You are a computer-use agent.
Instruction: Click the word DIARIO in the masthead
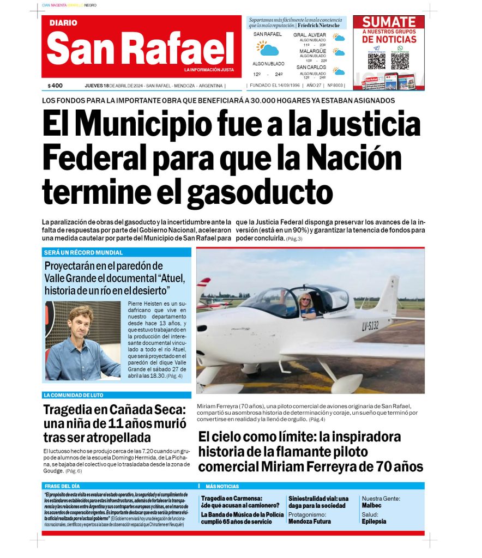coord(63,23)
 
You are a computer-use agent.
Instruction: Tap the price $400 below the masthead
coord(55,86)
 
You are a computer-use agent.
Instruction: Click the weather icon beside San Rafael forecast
coord(267,48)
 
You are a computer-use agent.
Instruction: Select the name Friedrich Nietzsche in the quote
coord(318,26)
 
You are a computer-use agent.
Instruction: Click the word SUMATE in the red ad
coord(389,22)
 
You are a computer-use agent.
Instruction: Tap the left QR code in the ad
coord(376,60)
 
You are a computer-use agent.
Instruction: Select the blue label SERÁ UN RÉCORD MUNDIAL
coord(83,253)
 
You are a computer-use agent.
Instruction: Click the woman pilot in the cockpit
coord(305,303)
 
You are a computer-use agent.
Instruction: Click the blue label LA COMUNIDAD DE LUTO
coord(73,395)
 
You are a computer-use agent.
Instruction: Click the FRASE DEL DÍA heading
coord(63,486)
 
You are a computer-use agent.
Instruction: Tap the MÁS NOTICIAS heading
coord(222,486)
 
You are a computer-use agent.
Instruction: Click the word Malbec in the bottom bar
coord(372,505)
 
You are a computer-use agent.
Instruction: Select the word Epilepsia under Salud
coord(374,521)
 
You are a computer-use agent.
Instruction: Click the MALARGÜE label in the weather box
coord(312,51)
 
